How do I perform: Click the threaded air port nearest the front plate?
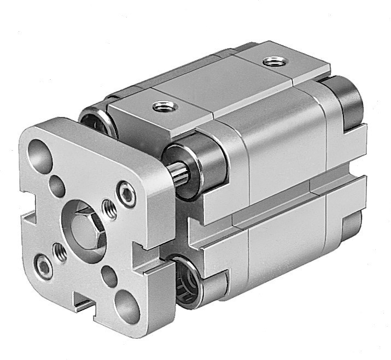pos(161,105)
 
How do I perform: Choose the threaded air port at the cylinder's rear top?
pos(271,62)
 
